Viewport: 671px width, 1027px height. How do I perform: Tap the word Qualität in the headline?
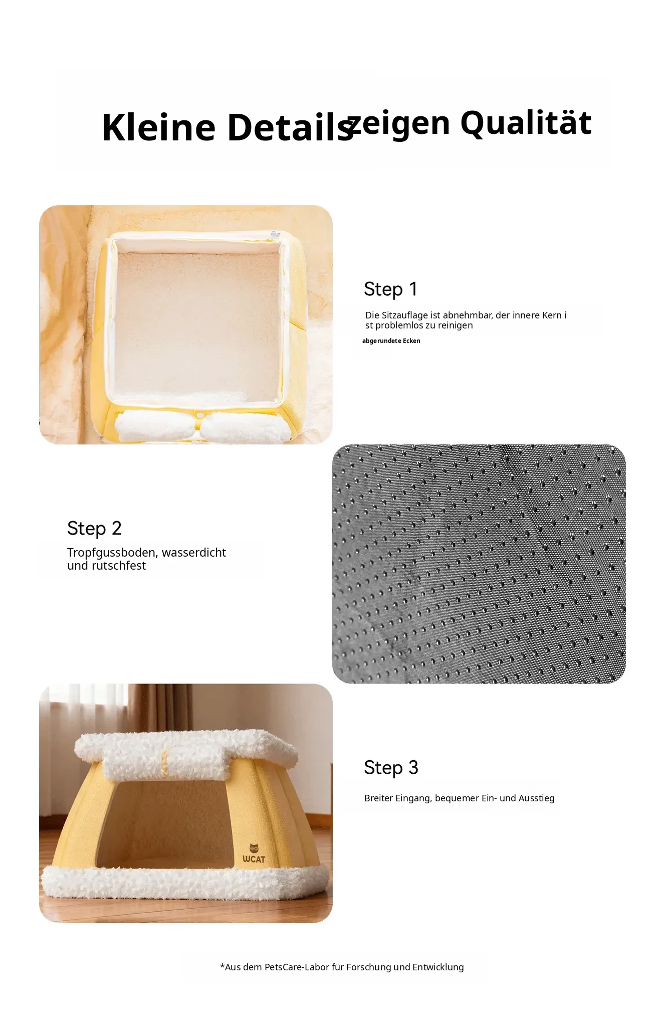click(526, 123)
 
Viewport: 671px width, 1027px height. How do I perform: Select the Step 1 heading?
click(391, 289)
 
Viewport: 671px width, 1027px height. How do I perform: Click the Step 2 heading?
click(94, 529)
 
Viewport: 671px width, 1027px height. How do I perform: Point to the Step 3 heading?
click(391, 768)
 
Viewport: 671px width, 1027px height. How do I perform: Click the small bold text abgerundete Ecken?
click(391, 341)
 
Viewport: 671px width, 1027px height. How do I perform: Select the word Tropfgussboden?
click(113, 553)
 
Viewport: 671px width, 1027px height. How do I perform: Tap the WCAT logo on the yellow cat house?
click(254, 853)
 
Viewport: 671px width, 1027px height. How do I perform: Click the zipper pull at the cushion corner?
click(274, 234)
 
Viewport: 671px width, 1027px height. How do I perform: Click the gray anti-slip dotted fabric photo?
click(479, 564)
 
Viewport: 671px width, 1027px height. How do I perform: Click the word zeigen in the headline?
click(400, 123)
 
